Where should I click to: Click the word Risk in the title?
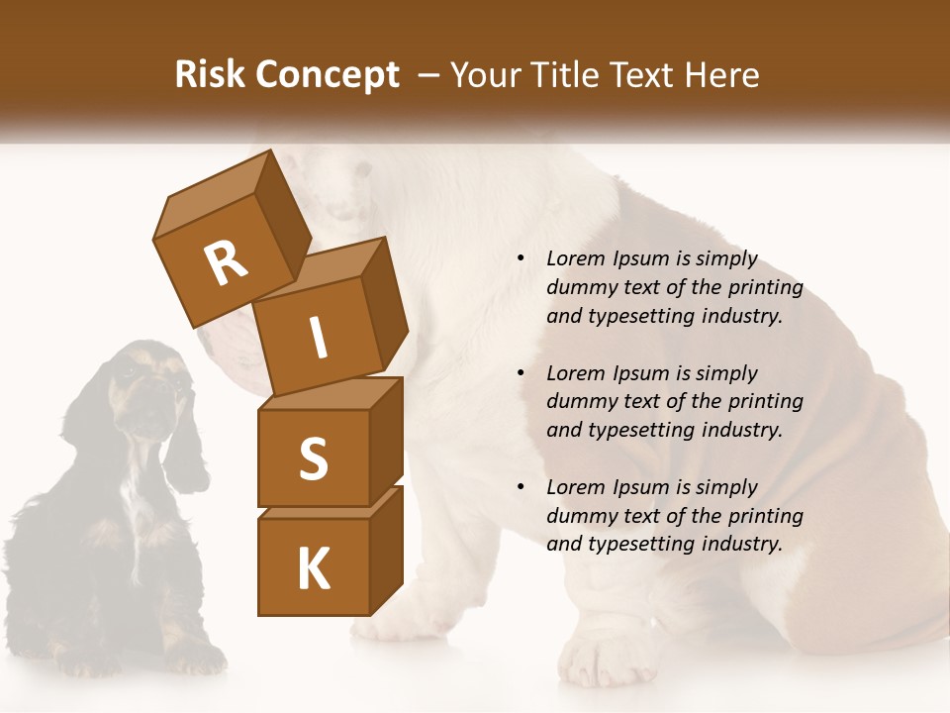pos(210,75)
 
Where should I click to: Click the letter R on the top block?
pos(227,262)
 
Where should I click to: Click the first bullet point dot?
pos(522,258)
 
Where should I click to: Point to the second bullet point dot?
pos(522,373)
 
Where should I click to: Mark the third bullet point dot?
pos(522,487)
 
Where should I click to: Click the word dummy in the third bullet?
pos(578,515)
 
